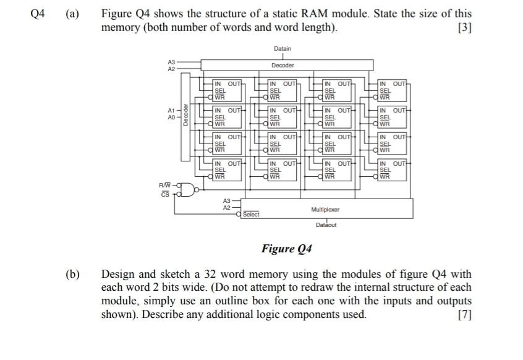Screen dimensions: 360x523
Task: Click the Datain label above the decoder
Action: [x=283, y=48]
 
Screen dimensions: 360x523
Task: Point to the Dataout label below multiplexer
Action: [x=326, y=226]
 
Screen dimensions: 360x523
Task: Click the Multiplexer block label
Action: [x=325, y=210]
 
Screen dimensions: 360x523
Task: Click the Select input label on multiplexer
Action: [x=251, y=215]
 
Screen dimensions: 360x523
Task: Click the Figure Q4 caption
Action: [x=286, y=249]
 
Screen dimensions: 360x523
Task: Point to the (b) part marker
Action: [x=74, y=274]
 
